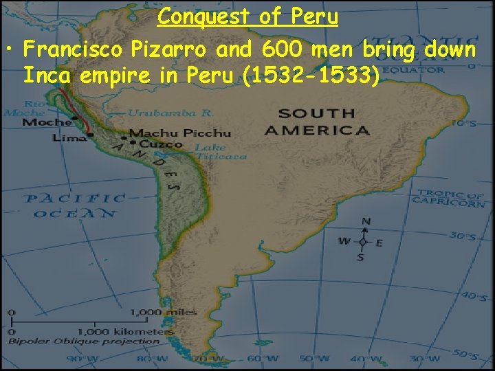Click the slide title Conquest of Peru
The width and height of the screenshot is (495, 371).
(x=247, y=16)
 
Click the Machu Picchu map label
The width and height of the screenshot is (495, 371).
(x=179, y=133)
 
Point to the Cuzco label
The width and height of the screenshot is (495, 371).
(x=161, y=144)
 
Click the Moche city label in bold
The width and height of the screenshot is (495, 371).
(x=47, y=122)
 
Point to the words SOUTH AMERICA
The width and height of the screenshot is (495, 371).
(x=316, y=122)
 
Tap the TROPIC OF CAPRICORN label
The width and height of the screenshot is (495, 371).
(x=449, y=198)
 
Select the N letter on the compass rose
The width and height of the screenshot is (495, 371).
(x=365, y=221)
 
